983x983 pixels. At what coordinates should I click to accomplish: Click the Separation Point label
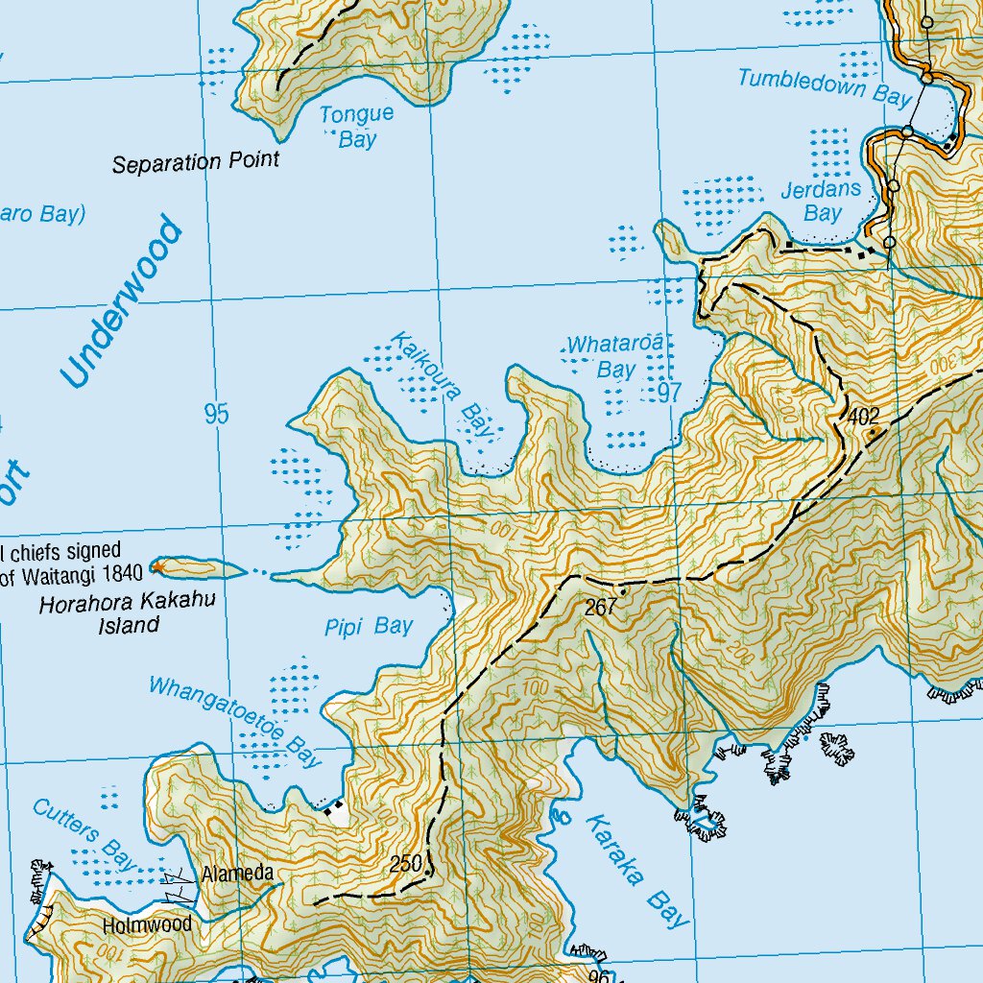[196, 161]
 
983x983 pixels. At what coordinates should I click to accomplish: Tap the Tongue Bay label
[357, 127]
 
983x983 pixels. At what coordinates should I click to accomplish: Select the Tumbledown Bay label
[824, 85]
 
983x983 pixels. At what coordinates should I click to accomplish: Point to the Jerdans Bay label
[821, 201]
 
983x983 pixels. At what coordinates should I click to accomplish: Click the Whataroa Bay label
[616, 356]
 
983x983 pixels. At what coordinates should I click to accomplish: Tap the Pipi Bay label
[370, 627]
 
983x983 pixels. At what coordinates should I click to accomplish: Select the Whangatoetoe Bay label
[233, 722]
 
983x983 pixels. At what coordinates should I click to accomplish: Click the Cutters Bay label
[85, 834]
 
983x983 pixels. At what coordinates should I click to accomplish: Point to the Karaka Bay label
[637, 871]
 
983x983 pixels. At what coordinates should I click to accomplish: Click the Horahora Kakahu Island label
[99, 614]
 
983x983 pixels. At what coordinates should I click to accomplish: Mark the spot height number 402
[864, 416]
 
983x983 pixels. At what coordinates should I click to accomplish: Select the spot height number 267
[601, 608]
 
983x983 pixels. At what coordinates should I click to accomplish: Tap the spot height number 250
[406, 864]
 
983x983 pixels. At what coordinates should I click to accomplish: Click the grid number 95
[217, 415]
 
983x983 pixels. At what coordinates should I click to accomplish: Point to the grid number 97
[669, 391]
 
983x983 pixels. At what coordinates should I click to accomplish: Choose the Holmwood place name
[148, 925]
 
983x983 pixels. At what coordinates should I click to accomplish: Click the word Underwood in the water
[120, 303]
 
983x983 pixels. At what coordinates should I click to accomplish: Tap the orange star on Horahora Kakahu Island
[157, 569]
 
